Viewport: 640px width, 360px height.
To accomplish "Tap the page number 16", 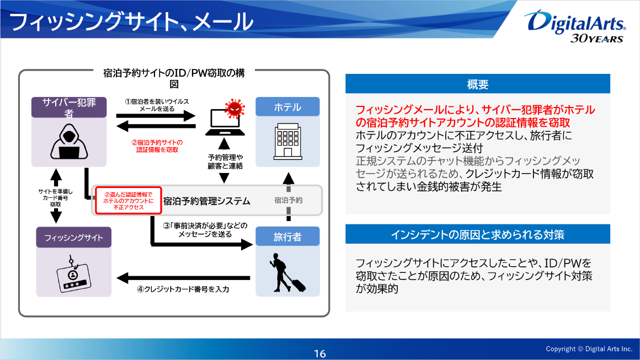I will [x=320, y=354].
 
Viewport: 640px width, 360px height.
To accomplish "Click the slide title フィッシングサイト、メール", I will [x=131, y=22].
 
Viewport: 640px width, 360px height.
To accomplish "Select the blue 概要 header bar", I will [x=477, y=84].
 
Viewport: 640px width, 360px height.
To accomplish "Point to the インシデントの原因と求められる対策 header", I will [x=477, y=234].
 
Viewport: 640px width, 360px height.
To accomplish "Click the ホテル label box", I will [x=287, y=107].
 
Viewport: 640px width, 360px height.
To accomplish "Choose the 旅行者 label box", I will [x=287, y=237].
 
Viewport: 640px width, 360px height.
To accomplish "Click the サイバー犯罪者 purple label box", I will [x=69, y=107].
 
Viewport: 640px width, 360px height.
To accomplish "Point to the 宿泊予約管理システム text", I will [x=207, y=201].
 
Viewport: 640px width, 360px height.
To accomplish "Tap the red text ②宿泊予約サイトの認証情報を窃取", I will [x=157, y=146].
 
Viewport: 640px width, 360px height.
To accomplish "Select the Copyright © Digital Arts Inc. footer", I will [x=589, y=349].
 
